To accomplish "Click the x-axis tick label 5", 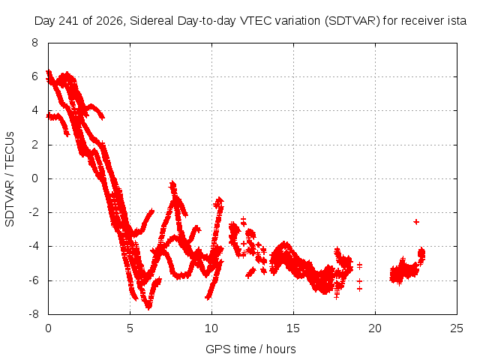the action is pos(130,328).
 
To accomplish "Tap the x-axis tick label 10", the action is pos(211,328).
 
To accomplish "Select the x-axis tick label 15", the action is pos(293,328).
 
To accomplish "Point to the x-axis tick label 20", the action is pos(375,328).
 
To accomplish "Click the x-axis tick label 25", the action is pos(457,328).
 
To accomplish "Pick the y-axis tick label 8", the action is pos(35,43).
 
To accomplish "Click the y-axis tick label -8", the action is pos(33,314).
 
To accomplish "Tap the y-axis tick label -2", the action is pos(33,212).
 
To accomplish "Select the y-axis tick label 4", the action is pos(35,110).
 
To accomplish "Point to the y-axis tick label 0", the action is pos(35,178).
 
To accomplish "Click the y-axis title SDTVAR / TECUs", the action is pos(10,179).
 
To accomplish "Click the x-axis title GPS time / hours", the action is pos(250,349).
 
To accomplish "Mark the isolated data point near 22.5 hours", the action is pos(416,222).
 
